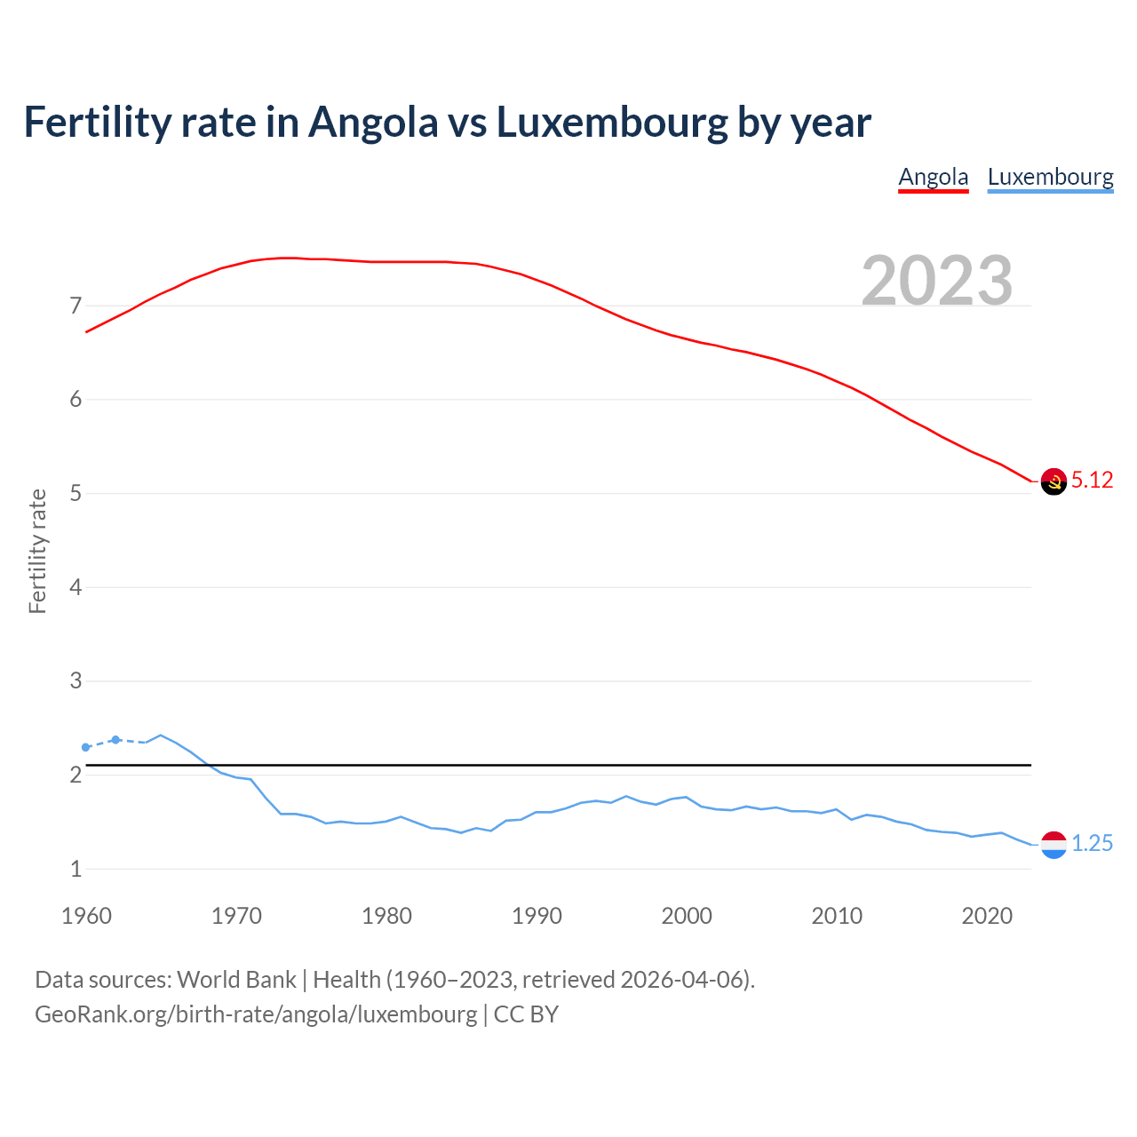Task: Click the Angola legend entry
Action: pyautogui.click(x=933, y=177)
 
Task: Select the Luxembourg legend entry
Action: pyautogui.click(x=1050, y=177)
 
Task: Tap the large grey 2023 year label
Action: pyautogui.click(x=937, y=281)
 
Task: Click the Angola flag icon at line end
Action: pyautogui.click(x=1054, y=481)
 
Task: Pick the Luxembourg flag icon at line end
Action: pyautogui.click(x=1054, y=845)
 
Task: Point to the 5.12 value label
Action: pyautogui.click(x=1092, y=481)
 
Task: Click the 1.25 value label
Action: pyautogui.click(x=1092, y=844)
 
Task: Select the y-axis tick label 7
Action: pyautogui.click(x=76, y=306)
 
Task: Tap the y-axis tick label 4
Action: pyautogui.click(x=76, y=587)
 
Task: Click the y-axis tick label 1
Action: pyautogui.click(x=76, y=870)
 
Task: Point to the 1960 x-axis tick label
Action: pyautogui.click(x=86, y=916)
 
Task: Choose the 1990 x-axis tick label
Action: pyautogui.click(x=537, y=916)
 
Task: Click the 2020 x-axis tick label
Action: pyautogui.click(x=987, y=916)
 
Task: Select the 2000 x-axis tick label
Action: pyautogui.click(x=687, y=916)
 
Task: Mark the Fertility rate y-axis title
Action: pyautogui.click(x=37, y=551)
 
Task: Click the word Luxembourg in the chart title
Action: pyautogui.click(x=611, y=123)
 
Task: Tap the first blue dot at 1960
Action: pyautogui.click(x=85, y=747)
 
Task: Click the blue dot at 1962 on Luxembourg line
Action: pyautogui.click(x=115, y=739)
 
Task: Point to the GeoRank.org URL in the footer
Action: pyautogui.click(x=256, y=1014)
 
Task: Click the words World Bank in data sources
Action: pyautogui.click(x=236, y=980)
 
